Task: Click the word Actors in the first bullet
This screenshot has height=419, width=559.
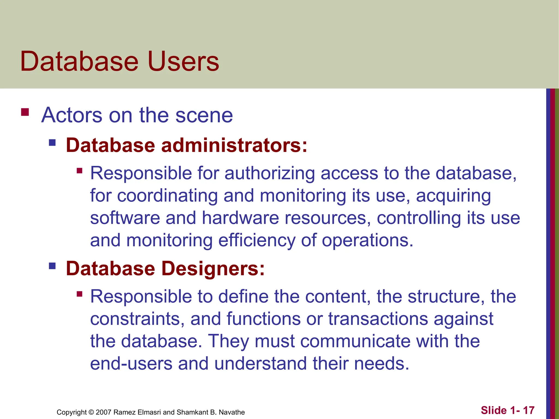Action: tap(72, 115)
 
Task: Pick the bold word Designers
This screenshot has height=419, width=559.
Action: tap(213, 268)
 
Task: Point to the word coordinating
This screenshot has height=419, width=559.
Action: tap(167, 196)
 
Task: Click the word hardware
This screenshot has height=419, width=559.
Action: tap(240, 218)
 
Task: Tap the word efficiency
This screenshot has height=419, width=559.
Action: tap(257, 241)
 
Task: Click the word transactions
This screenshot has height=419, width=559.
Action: tap(378, 319)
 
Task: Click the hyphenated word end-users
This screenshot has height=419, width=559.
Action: tap(131, 364)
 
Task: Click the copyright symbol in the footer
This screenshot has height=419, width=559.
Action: tap(91, 412)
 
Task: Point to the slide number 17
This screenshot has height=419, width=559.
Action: tap(529, 410)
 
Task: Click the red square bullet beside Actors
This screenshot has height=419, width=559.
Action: tap(25, 112)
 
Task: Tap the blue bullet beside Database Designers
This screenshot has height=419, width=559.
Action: tap(52, 266)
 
